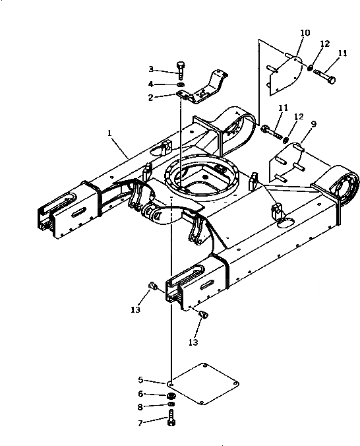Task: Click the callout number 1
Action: (x=109, y=133)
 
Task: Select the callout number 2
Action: (x=151, y=98)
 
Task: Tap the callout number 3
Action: (x=151, y=69)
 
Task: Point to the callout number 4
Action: (x=151, y=84)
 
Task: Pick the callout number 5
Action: (x=140, y=380)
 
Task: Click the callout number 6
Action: (x=140, y=394)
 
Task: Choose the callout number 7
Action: (x=140, y=424)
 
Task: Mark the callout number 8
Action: (x=140, y=407)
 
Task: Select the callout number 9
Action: (x=314, y=124)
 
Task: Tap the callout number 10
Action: (x=305, y=33)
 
